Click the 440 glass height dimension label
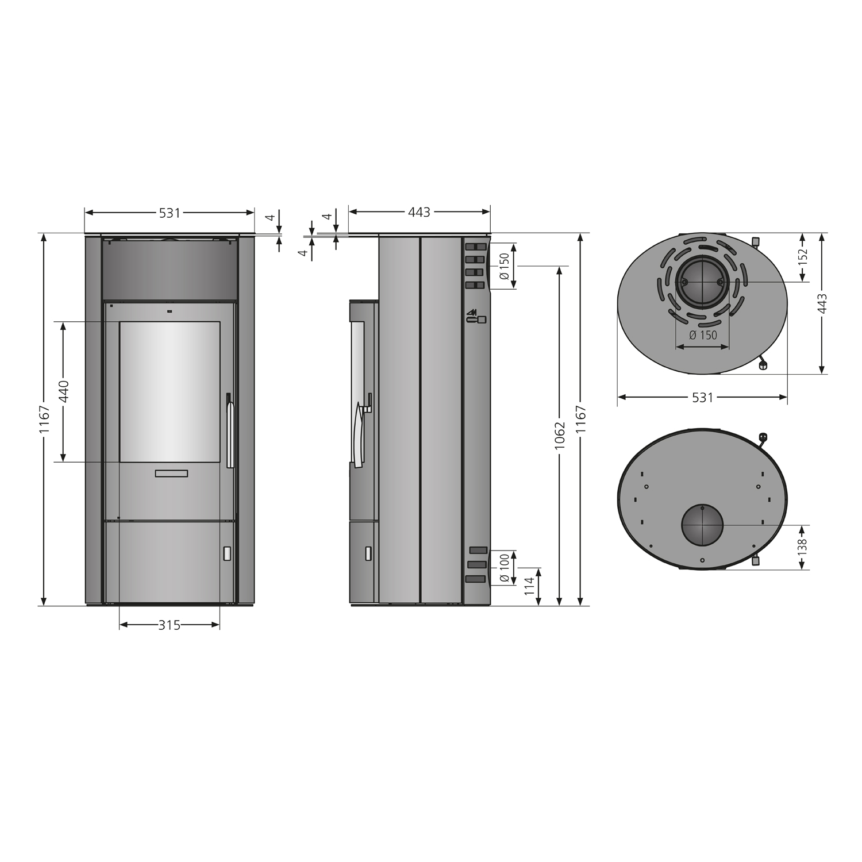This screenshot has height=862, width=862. point(64,391)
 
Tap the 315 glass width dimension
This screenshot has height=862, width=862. point(170,625)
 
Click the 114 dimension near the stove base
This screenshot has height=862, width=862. point(529,586)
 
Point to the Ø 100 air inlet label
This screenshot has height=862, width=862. point(504,567)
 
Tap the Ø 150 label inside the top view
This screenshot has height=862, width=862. point(703,334)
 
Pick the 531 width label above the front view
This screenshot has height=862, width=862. point(170,213)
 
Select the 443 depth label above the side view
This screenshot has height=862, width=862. point(419,213)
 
